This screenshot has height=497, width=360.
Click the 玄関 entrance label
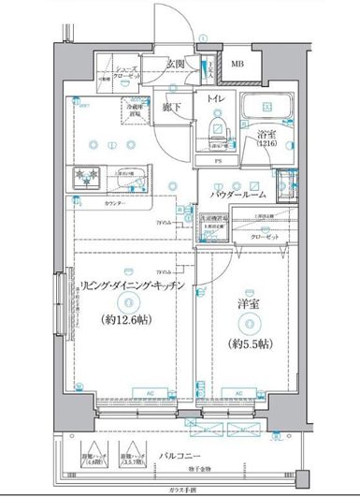pos(176,64)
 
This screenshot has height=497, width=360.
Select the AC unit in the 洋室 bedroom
pos(239,393)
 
